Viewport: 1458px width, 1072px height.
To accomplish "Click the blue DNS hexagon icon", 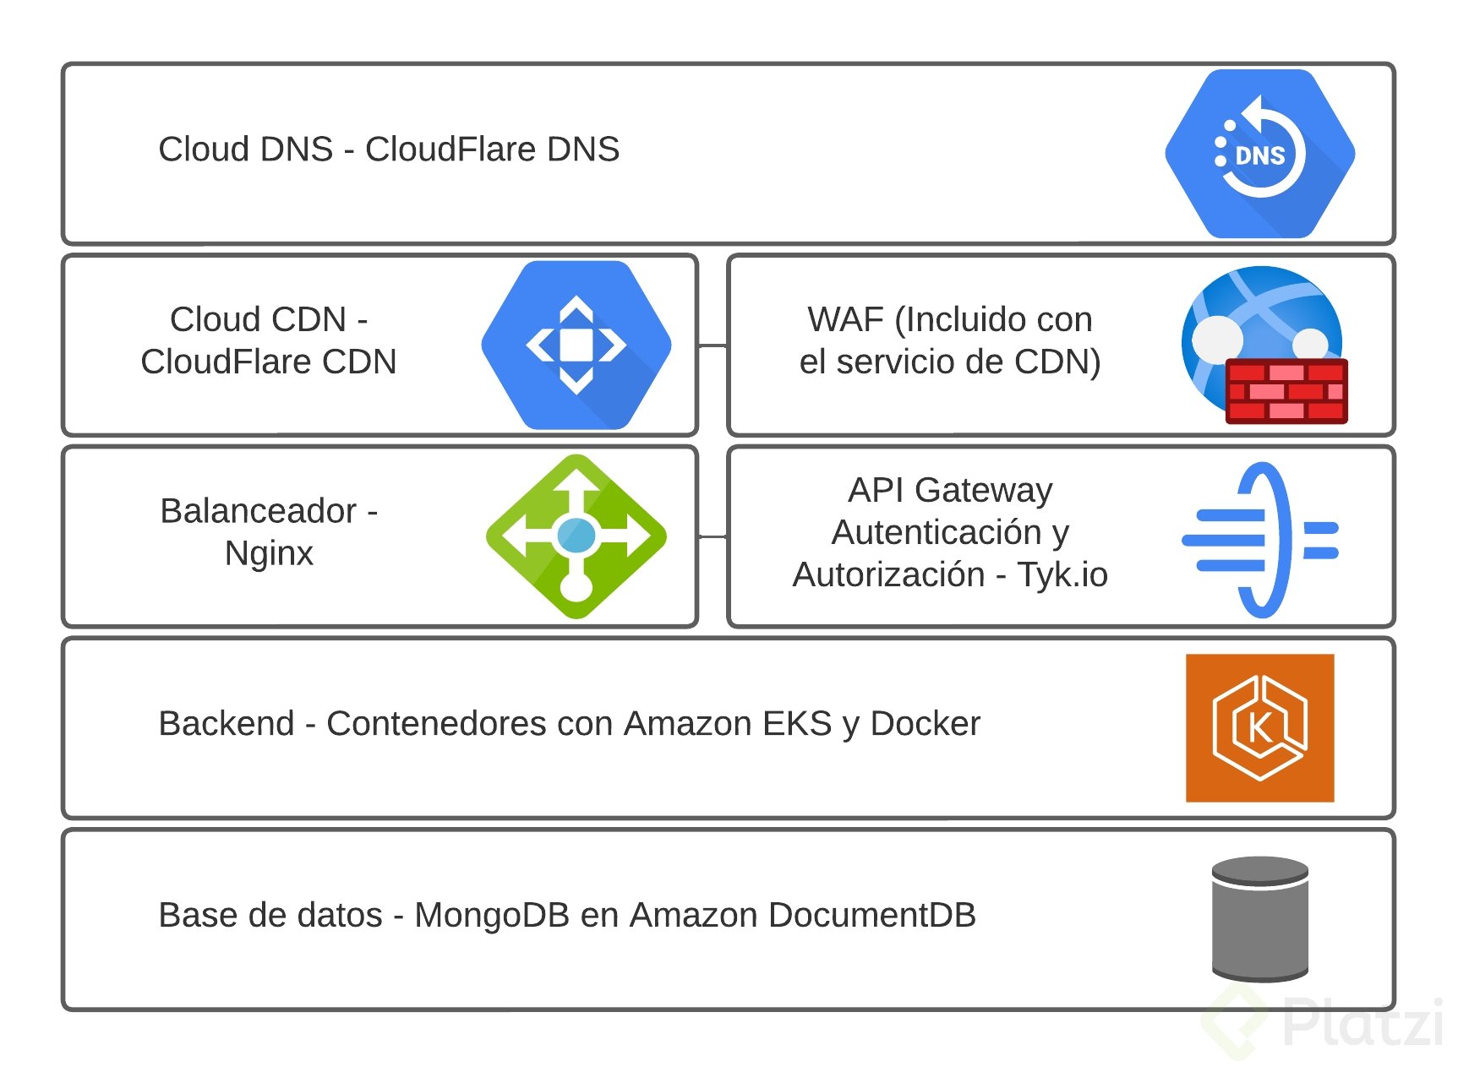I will tap(1259, 154).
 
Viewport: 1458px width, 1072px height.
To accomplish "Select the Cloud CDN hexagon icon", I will tap(576, 345).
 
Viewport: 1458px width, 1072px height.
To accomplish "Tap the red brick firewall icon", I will tap(1286, 390).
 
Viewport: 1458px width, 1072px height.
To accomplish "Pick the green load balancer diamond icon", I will tap(576, 536).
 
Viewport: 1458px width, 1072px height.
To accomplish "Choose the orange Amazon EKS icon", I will tap(1259, 727).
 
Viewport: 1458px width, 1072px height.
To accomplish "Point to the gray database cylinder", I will tap(1259, 918).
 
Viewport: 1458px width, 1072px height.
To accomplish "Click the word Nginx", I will tap(269, 554).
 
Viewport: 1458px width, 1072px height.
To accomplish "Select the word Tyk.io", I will tap(1062, 575).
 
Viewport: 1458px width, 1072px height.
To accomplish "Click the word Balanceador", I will tap(259, 511).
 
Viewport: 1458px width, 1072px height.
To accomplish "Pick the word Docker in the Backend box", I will tap(925, 724).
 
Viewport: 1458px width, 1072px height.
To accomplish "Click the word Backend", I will tap(227, 724).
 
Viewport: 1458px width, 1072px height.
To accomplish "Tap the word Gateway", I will tap(983, 491).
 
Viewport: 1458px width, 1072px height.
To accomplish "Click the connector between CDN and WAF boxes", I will tap(713, 346).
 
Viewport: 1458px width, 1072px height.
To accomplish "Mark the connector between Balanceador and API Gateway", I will tap(713, 536).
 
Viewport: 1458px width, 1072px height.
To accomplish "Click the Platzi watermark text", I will tap(1361, 1023).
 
